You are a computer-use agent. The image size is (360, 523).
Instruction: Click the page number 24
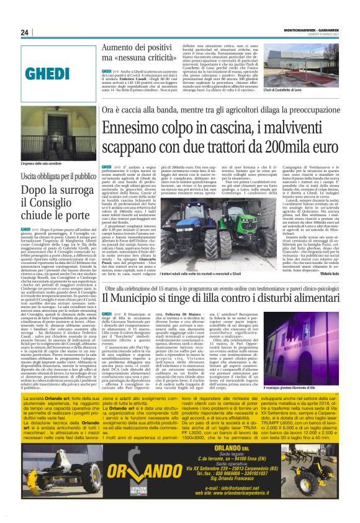tap(25, 32)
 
